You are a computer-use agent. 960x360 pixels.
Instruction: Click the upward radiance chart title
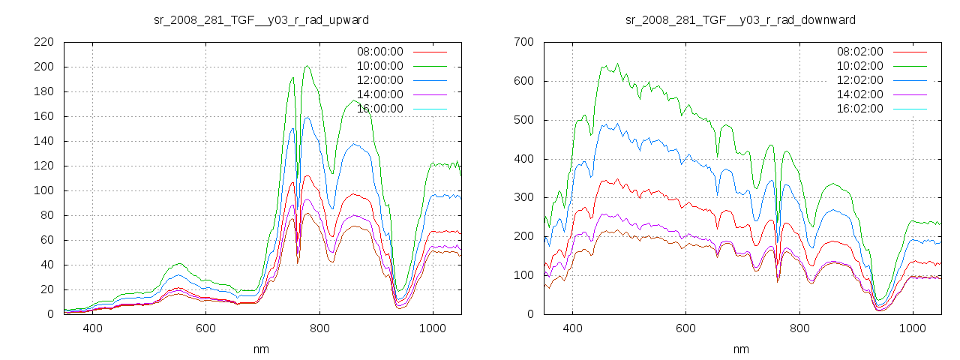[261, 19]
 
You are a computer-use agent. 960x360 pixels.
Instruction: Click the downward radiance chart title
[740, 19]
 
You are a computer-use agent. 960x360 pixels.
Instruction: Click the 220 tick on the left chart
[43, 42]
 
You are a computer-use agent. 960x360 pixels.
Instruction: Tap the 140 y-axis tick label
[43, 141]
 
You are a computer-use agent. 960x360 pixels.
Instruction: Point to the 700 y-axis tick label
[523, 42]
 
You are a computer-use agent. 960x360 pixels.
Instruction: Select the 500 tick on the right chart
[523, 120]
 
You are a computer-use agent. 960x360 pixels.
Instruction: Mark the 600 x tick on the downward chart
[685, 328]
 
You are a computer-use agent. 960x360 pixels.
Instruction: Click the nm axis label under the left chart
[261, 349]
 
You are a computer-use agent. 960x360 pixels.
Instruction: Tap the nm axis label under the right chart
[740, 349]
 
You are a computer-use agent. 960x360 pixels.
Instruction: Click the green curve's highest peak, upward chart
[307, 66]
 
